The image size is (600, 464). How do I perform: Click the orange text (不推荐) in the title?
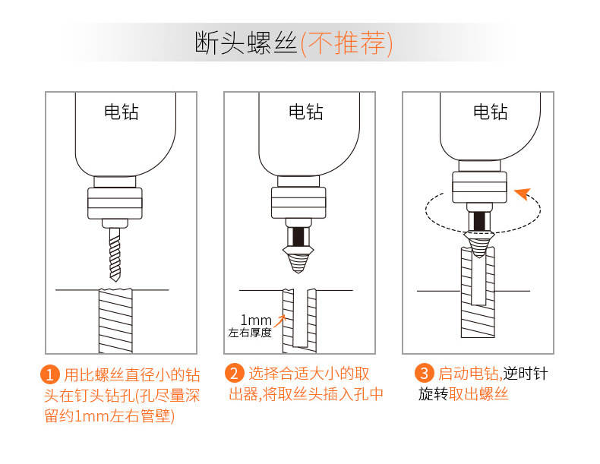click(x=346, y=44)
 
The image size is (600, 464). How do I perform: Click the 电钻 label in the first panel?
click(x=121, y=112)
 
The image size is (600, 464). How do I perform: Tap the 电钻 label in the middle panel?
click(x=305, y=112)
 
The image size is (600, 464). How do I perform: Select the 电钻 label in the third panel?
click(x=490, y=112)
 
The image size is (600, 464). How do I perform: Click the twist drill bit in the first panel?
click(x=113, y=251)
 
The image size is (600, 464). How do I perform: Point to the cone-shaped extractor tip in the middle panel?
click(x=298, y=257)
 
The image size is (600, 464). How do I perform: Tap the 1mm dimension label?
click(x=256, y=319)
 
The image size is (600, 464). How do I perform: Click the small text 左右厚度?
click(x=250, y=333)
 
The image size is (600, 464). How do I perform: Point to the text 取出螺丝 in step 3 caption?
click(x=478, y=394)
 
